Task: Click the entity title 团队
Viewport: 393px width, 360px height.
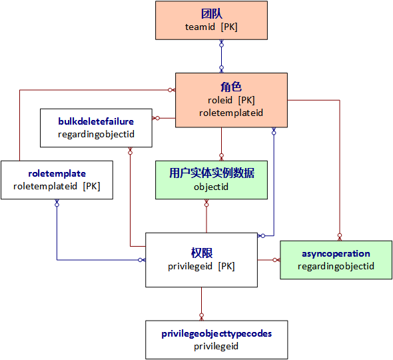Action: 211,13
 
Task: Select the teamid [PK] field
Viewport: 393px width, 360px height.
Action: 211,27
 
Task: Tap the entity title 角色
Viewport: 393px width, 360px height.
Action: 231,87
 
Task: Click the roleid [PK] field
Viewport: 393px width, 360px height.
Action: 231,100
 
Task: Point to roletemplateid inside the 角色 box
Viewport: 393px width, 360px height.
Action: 231,113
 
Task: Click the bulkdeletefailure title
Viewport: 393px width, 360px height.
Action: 96,121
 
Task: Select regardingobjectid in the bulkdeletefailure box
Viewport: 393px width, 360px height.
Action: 96,134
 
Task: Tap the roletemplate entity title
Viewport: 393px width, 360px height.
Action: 57,173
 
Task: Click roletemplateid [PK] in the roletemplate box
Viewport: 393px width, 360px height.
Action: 57,186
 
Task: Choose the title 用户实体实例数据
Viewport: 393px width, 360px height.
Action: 211,173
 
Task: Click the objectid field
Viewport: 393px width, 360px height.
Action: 211,187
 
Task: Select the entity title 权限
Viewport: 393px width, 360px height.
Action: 201,253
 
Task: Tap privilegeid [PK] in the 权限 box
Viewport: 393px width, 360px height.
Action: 201,266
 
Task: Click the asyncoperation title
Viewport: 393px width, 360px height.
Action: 336,253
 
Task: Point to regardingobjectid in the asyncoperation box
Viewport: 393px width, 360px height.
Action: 336,266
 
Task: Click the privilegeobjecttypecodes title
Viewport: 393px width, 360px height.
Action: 216,333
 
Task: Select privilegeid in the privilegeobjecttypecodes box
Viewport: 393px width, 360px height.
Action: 216,346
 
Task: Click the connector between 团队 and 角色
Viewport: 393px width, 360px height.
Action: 221,56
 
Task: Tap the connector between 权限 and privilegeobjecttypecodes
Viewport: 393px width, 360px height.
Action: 201,303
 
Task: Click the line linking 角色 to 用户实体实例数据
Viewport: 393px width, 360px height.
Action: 221,143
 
